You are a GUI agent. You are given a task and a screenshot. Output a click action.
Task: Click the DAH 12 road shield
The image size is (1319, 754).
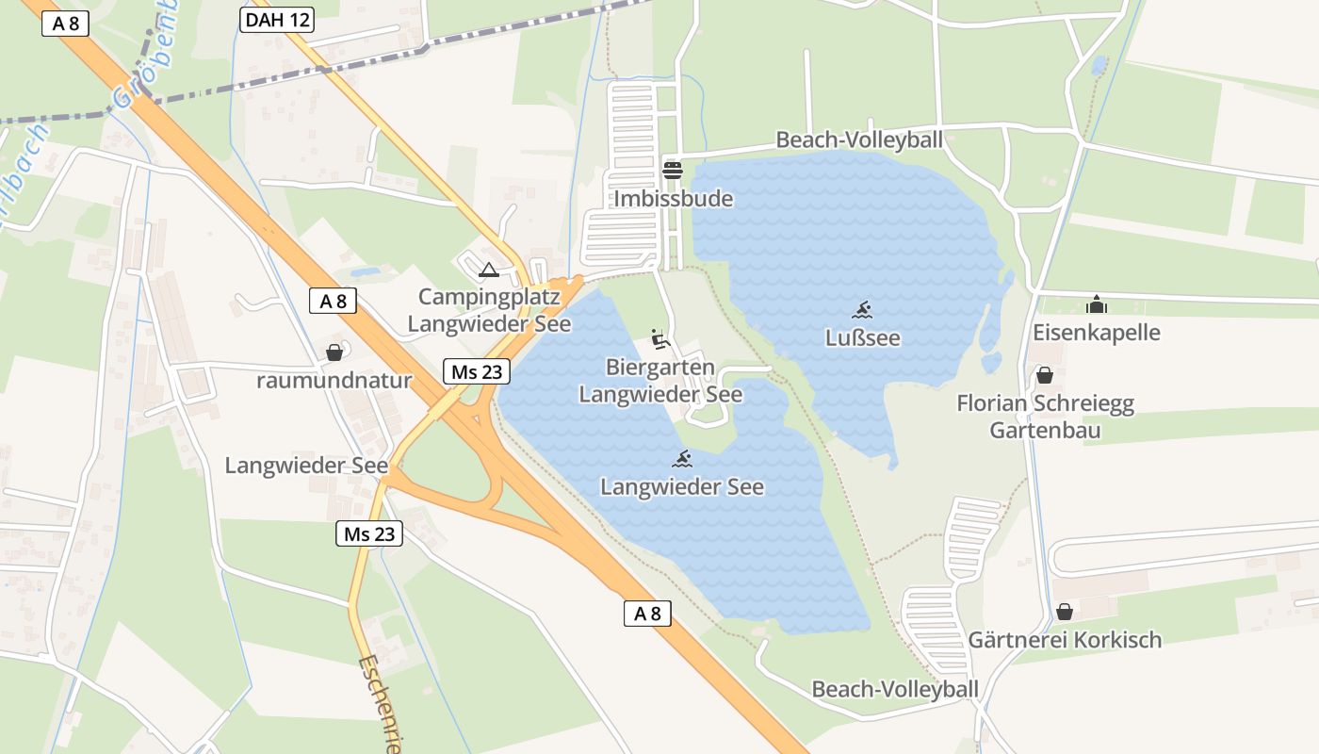pyautogui.click(x=276, y=20)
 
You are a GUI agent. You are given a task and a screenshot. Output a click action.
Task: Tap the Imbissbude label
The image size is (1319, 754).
pyautogui.click(x=673, y=199)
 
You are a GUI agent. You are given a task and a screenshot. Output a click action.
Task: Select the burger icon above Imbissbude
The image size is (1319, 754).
pyautogui.click(x=673, y=170)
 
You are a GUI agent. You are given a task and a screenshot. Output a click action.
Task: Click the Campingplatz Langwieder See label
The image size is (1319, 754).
pyautogui.click(x=489, y=310)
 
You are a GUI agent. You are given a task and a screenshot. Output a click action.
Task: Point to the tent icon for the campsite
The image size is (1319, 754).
pyautogui.click(x=488, y=270)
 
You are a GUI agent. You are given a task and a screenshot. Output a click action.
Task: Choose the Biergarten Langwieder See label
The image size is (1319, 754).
pyautogui.click(x=660, y=381)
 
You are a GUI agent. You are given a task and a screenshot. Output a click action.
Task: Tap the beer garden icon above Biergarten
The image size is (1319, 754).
pyautogui.click(x=660, y=338)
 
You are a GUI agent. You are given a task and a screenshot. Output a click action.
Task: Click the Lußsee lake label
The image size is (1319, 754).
pyautogui.click(x=862, y=337)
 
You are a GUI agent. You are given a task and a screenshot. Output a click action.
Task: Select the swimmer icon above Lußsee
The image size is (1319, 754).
pyautogui.click(x=862, y=309)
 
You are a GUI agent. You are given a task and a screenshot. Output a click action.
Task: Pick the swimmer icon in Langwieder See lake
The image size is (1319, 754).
pyautogui.click(x=683, y=459)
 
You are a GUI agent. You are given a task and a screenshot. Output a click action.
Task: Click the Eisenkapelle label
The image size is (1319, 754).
pyautogui.click(x=1097, y=333)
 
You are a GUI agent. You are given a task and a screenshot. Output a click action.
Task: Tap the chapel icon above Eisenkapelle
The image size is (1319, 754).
pyautogui.click(x=1096, y=304)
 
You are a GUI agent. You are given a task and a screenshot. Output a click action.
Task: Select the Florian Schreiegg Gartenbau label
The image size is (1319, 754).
pyautogui.click(x=1045, y=418)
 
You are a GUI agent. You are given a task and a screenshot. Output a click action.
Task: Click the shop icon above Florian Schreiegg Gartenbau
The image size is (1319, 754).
pyautogui.click(x=1044, y=375)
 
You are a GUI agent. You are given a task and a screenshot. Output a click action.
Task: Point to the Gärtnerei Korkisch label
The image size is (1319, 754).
pyautogui.click(x=1065, y=640)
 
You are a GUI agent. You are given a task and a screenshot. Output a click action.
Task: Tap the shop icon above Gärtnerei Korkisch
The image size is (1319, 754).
pyautogui.click(x=1064, y=612)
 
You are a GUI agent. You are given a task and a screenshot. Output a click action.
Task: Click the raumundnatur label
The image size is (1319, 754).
pyautogui.click(x=334, y=381)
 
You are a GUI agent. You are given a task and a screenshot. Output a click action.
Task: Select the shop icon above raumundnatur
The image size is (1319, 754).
pyautogui.click(x=334, y=352)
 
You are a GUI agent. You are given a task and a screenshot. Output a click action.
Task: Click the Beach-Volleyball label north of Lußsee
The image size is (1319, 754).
pyautogui.click(x=858, y=140)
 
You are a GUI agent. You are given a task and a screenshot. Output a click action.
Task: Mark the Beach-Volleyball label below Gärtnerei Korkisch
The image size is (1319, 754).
pyautogui.click(x=895, y=689)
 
